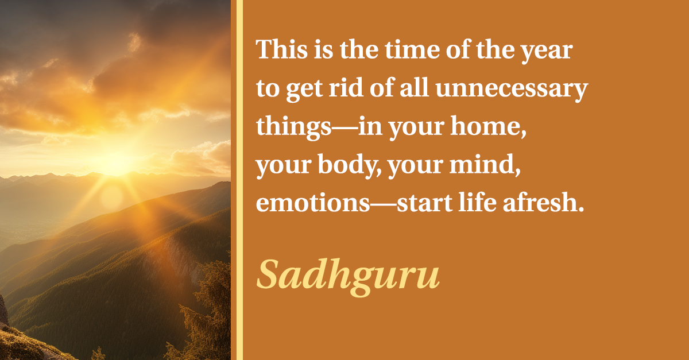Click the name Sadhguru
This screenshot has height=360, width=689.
coord(348,277)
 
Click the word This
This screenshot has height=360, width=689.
coord(282,49)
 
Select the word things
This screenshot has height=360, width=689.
coord(294,127)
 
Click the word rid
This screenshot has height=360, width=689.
coord(346,87)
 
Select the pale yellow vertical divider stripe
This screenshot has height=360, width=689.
coord(239,180)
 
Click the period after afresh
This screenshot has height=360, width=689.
coord(580,210)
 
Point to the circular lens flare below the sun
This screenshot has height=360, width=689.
coord(111,199)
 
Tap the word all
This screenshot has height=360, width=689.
coord(414,87)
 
